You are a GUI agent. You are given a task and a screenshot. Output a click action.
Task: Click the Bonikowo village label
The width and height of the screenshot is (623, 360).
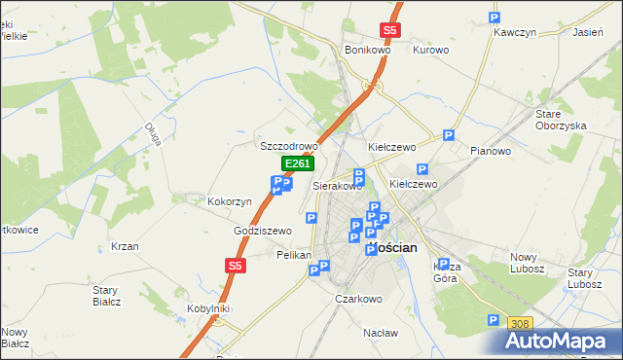point(367,50)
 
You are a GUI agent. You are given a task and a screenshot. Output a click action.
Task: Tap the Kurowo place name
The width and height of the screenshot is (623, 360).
point(430,50)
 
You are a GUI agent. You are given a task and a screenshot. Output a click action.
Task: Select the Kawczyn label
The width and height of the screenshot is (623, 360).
point(516,32)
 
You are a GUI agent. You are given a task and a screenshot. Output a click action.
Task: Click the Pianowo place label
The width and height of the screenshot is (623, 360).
point(490,151)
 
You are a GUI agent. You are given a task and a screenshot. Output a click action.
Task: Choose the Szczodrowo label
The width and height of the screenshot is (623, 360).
point(289,146)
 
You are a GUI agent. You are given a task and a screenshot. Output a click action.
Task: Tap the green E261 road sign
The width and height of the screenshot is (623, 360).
point(297,164)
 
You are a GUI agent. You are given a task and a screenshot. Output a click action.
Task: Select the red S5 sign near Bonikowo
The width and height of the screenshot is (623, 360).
point(390,30)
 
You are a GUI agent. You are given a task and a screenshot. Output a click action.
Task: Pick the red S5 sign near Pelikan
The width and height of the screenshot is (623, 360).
point(235,265)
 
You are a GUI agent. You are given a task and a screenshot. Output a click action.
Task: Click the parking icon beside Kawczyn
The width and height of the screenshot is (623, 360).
point(494,18)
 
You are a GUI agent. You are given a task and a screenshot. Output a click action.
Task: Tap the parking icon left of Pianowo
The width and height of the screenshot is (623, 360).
point(449,136)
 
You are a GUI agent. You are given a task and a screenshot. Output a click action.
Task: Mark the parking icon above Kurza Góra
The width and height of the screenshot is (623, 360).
point(443,264)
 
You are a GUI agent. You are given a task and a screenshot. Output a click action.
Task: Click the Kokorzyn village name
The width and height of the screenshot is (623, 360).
point(230,201)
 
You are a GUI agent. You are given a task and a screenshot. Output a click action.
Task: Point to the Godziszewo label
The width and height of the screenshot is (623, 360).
point(263,231)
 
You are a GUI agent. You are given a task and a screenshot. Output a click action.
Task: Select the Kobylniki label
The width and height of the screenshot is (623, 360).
point(207,308)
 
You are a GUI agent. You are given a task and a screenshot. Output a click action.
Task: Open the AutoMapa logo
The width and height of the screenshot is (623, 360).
point(562,341)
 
